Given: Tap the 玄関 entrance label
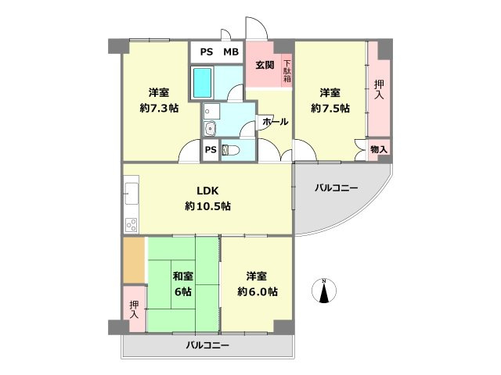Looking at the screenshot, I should coord(265,66).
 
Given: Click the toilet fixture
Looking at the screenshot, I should coord(229,150).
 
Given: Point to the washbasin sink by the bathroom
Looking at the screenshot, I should coord(210,129).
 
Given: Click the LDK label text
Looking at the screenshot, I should coord(207,190).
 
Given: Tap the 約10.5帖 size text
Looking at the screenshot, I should coord(207,206).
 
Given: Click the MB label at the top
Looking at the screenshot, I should coord(231,52).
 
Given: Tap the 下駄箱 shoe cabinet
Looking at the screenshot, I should coord(287,71).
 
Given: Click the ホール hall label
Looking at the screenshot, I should coord(275,123).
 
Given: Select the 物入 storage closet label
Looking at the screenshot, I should coord(379,148).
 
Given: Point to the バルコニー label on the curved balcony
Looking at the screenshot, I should coord(337,188).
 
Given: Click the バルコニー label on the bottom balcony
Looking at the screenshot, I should coord(207,345).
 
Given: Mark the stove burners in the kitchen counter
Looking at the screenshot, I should coord(131,224).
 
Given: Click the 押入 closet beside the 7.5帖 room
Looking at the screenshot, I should coord(379,89).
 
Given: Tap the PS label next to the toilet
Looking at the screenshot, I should coord(210,150).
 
